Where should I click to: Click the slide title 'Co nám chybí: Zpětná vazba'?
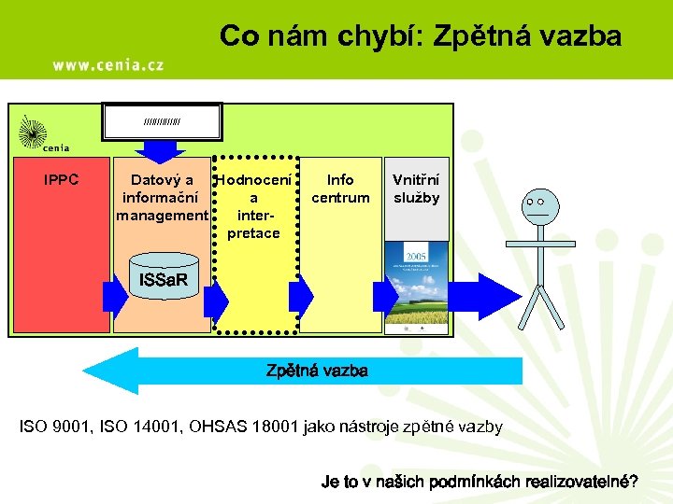[x=420, y=36]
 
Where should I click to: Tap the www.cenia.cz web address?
[x=108, y=64]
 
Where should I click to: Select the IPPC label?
[x=62, y=180]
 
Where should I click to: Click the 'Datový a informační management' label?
[x=162, y=198]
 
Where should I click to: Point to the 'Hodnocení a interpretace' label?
[x=253, y=206]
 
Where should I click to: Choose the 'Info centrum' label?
[x=340, y=189]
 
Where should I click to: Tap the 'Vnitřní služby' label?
[x=416, y=189]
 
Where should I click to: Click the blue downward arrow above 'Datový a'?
[x=164, y=148]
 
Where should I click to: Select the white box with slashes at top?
[x=163, y=121]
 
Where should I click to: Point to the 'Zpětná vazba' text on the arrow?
[x=317, y=371]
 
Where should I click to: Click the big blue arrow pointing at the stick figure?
[x=485, y=296]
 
